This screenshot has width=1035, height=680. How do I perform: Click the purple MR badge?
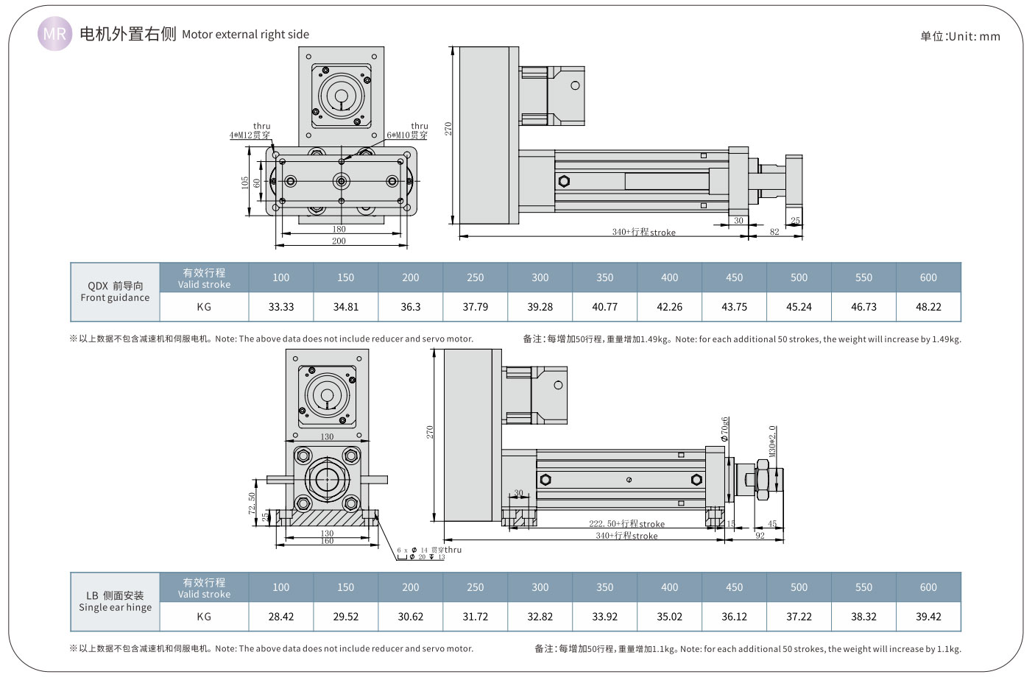tap(54, 34)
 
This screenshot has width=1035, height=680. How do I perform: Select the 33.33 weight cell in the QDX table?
tap(280, 307)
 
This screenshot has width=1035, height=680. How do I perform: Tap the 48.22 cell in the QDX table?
tap(928, 307)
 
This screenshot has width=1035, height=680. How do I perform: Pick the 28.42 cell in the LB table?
tap(280, 617)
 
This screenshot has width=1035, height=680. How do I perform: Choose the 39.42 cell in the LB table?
tap(928, 617)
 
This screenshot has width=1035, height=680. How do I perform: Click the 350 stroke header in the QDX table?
tap(604, 277)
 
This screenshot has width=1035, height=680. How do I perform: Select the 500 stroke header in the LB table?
tap(799, 587)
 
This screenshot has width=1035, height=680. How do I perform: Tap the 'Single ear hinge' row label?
tap(115, 608)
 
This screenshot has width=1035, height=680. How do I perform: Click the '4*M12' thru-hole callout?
tap(250, 135)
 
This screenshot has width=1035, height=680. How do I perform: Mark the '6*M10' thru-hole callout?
tap(407, 135)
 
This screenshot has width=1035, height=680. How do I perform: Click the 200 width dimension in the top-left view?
tap(339, 241)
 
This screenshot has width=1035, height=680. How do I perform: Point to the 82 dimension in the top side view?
tap(774, 232)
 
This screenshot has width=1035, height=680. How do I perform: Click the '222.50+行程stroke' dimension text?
tap(626, 524)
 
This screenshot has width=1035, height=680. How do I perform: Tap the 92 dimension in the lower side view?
tap(760, 536)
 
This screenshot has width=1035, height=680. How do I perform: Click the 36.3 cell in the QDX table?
tap(410, 307)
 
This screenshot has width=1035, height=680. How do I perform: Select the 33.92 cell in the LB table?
tap(604, 617)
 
